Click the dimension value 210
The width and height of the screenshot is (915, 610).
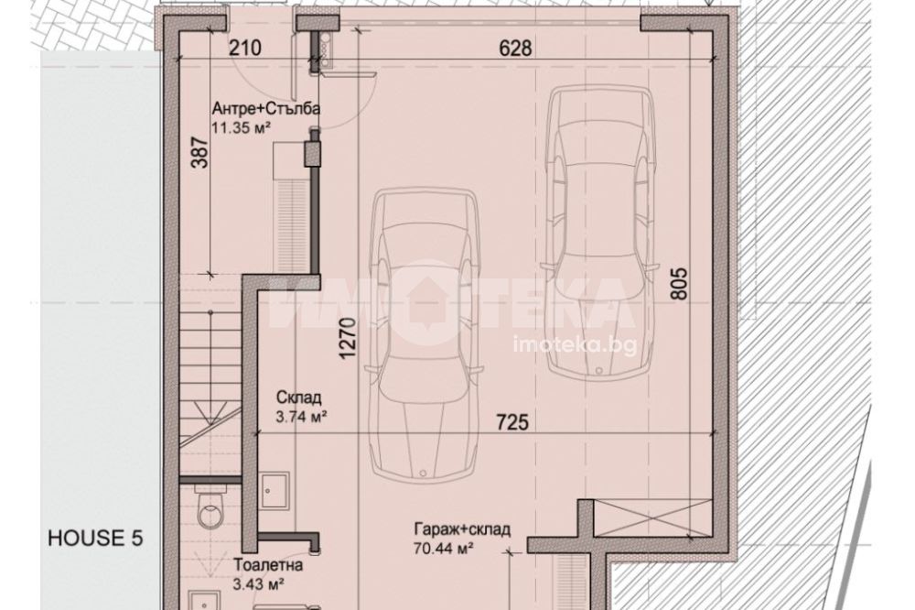tap(244, 48)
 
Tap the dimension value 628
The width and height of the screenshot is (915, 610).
tap(516, 48)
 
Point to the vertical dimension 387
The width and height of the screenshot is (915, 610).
tap(199, 152)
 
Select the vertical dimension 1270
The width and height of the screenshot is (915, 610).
tap(348, 338)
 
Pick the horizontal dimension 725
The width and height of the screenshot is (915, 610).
tap(512, 421)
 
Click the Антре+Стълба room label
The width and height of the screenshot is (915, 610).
tap(265, 109)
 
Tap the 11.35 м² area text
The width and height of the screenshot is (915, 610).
tap(242, 127)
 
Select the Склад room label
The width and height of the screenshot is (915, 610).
tap(298, 398)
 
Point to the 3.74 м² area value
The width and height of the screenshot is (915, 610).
tap(300, 417)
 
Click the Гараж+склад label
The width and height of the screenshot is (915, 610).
tap(462, 529)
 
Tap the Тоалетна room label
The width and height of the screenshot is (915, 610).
tap(268, 565)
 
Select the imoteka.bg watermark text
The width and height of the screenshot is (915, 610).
tap(574, 345)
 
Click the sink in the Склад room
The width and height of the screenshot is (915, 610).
tap(274, 491)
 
